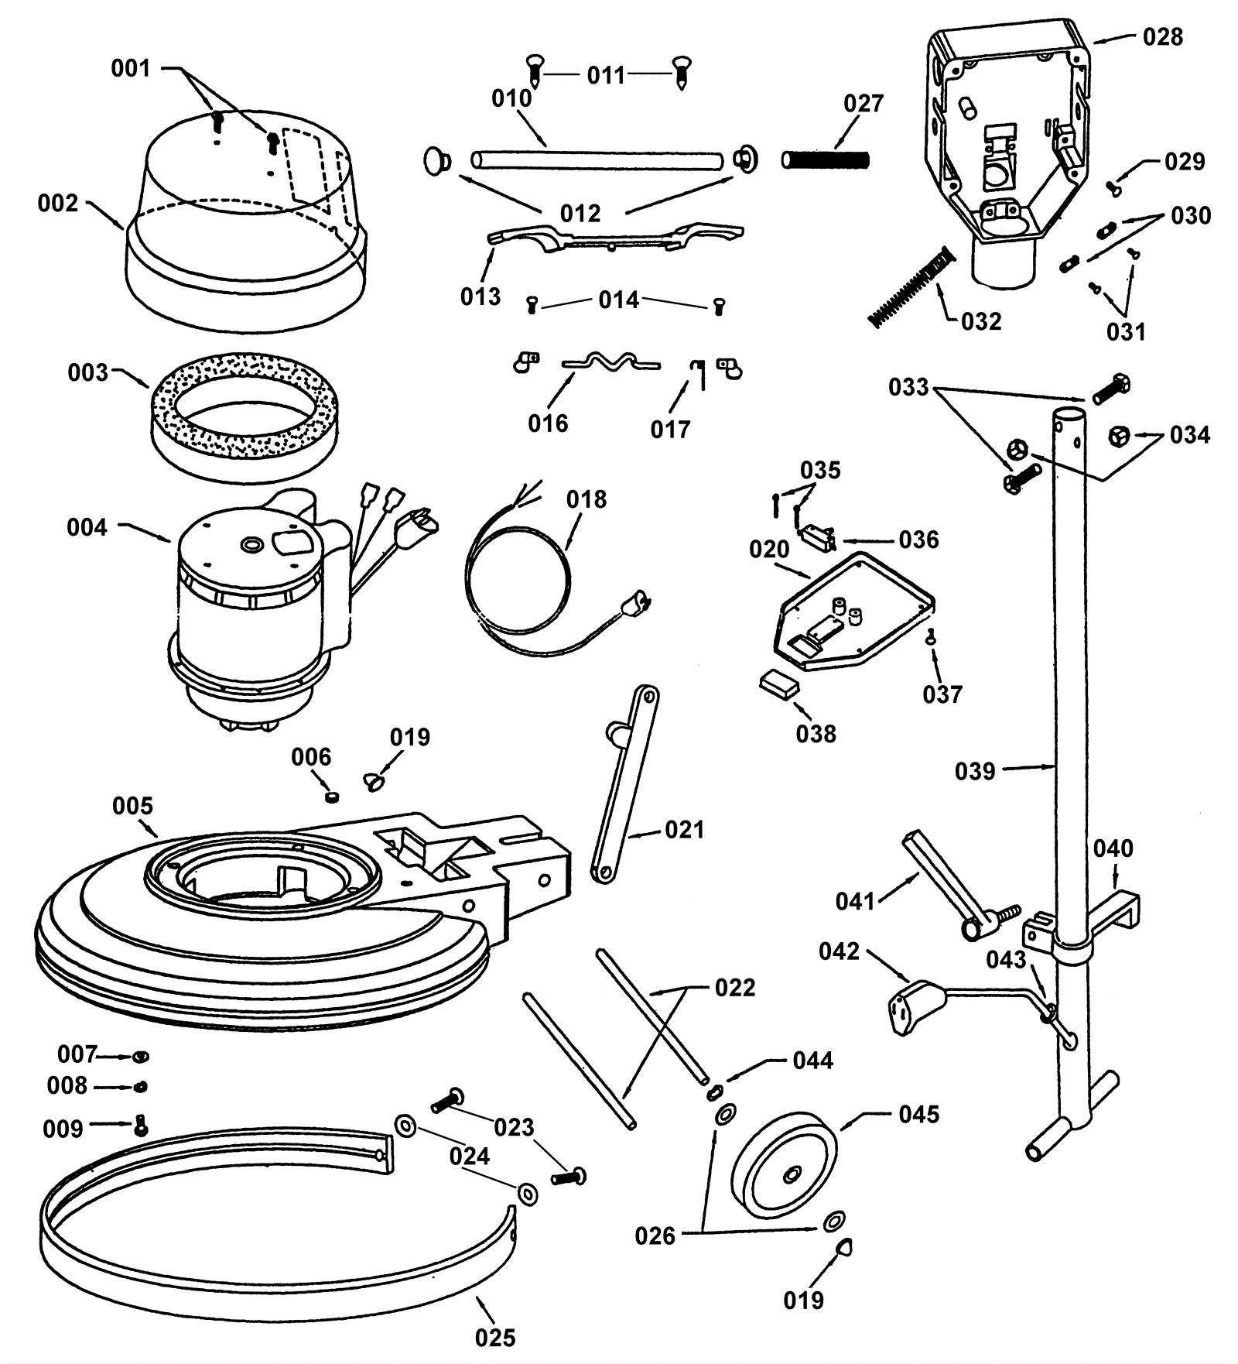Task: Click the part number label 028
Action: click(1162, 36)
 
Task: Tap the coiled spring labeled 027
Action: click(826, 160)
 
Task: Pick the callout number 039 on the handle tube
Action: click(974, 771)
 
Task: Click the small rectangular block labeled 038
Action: click(778, 684)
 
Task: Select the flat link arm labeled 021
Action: click(624, 783)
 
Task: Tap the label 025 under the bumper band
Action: click(494, 1337)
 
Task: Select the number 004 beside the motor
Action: click(87, 528)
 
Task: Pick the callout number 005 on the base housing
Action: click(132, 806)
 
